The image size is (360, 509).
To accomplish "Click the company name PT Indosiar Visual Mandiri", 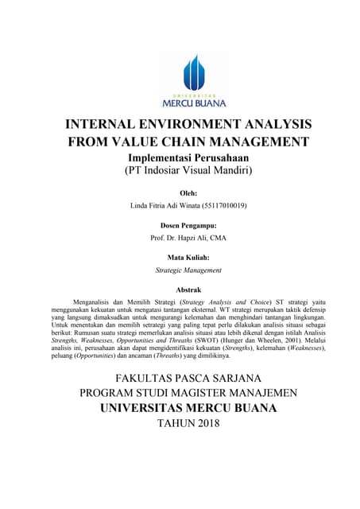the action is click(188, 170).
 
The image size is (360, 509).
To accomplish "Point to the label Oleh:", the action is click(188, 192).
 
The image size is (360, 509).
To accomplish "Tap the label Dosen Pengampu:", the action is click(188, 225).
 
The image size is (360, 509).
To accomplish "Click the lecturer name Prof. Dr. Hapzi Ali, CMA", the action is click(188, 238).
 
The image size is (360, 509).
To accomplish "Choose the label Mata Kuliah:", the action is click(188, 258).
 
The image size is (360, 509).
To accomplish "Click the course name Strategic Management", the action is click(188, 270).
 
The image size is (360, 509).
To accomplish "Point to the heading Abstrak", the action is click(188, 289).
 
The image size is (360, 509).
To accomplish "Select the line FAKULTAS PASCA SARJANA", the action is click(188, 377).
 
